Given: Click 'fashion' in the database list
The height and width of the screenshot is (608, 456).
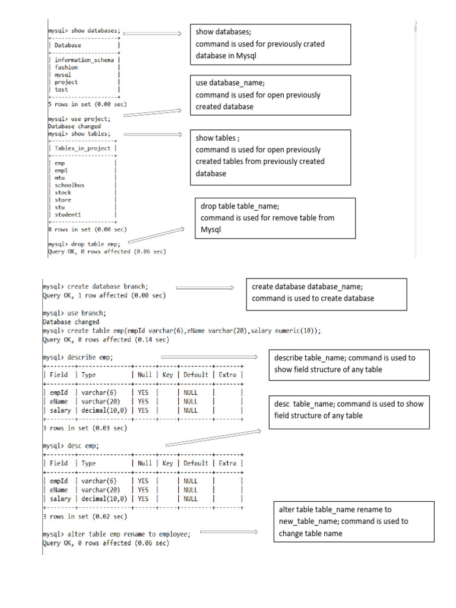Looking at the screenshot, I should [66, 68].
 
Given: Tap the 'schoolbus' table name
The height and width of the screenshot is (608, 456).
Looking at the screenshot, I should [69, 185].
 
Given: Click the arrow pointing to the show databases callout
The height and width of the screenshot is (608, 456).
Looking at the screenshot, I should [152, 34].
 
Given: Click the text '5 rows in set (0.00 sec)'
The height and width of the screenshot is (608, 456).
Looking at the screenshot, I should [87, 104].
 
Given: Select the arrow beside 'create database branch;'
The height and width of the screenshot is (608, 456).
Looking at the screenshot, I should [205, 288].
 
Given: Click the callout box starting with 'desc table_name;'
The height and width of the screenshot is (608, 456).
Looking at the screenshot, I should [349, 410].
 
